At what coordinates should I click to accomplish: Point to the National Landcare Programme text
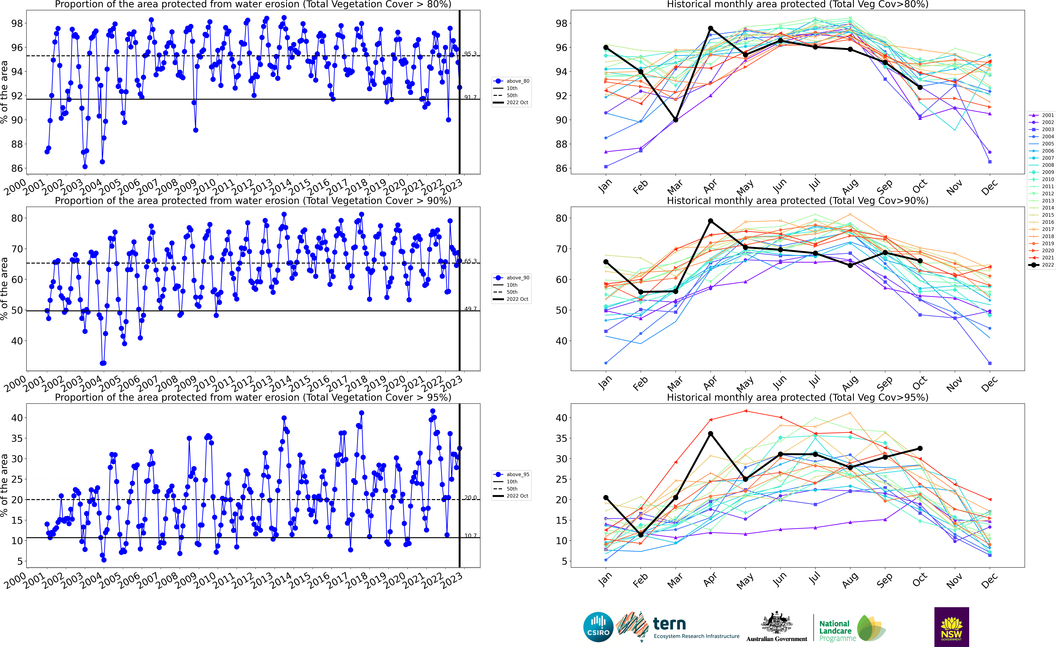835,631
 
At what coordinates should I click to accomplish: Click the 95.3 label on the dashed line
470,54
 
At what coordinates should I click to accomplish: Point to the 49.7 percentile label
470,308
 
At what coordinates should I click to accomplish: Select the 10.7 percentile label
470,535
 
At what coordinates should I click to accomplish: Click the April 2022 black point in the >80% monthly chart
711,28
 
